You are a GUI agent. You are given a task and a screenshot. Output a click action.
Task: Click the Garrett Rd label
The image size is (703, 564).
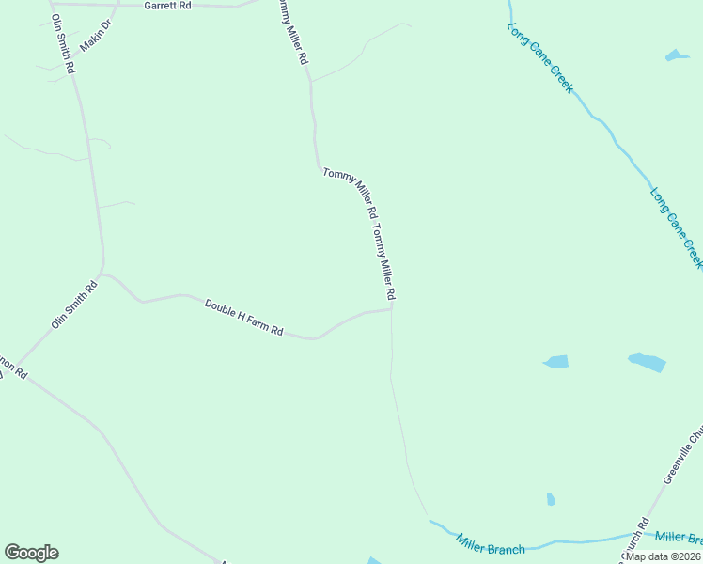coord(167,6)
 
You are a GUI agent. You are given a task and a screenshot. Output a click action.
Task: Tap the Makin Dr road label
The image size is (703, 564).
coord(96,33)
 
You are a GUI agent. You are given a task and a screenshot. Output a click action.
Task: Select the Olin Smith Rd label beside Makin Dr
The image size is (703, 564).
coord(63,45)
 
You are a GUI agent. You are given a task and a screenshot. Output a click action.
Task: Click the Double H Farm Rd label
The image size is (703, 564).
coord(244,317)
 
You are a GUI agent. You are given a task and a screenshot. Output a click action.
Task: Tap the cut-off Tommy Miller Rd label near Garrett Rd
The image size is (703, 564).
coord(291,31)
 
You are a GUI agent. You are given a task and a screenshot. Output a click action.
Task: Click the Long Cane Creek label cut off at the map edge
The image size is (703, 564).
coord(677,227)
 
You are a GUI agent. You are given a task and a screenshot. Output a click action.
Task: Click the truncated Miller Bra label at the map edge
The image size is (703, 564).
coord(679,538)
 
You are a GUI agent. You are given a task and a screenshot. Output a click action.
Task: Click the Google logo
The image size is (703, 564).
coord(31,553)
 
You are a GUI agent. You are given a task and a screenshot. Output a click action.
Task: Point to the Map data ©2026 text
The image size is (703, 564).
coord(664,556)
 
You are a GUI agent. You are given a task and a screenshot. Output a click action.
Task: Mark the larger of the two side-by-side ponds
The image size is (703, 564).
coord(647,362)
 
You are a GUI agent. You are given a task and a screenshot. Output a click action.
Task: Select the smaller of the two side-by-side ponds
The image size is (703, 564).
coord(556,362)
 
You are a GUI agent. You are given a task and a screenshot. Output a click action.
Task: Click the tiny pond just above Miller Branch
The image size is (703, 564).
coord(551,499)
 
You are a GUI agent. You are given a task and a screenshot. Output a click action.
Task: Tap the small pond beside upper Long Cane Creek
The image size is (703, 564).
coord(677,55)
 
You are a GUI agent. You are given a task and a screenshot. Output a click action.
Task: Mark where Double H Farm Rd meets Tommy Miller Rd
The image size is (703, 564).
coord(391,307)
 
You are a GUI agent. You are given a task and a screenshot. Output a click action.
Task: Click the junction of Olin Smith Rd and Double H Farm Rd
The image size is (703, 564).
coord(102,274)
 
